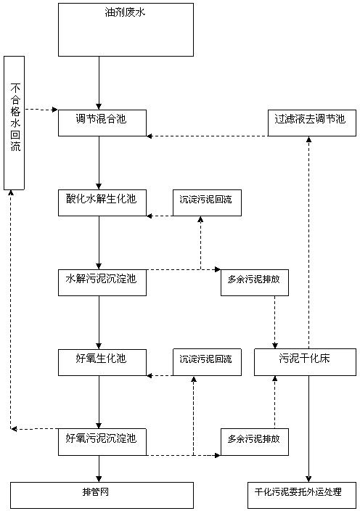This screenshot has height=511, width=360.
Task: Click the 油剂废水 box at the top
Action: pos(126,30)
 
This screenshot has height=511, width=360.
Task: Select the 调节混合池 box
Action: pos(102,123)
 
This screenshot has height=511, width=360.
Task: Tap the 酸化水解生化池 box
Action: pos(102,203)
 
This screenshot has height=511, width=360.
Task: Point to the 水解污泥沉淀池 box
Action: pos(102,282)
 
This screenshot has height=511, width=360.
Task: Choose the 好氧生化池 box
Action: pos(102,362)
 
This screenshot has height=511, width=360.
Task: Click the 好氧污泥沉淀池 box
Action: pos(102,442)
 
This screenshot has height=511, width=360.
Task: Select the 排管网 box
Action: pos(102,495)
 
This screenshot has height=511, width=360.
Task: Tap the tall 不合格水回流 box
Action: pos(14,123)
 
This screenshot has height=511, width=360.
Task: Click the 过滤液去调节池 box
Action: pos(312,123)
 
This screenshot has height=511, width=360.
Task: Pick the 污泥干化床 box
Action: pos(305,362)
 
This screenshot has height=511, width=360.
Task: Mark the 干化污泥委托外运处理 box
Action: pos(302,495)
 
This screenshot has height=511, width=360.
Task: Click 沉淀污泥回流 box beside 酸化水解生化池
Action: pos(207,203)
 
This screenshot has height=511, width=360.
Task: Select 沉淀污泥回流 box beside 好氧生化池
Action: pos(207,362)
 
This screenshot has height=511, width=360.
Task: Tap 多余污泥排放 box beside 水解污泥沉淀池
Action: pos(255,282)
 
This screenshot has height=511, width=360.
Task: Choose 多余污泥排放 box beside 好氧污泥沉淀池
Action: pos(255,442)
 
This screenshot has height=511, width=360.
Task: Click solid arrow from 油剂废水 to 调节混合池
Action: pos(99,83)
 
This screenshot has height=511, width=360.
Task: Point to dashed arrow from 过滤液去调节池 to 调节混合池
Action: pos(207,136)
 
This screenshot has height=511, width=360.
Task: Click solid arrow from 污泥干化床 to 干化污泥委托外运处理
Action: pos(308,429)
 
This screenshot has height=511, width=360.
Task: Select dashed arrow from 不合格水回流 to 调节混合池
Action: pos(41,110)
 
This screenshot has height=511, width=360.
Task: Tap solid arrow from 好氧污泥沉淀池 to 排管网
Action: pos(99,469)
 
